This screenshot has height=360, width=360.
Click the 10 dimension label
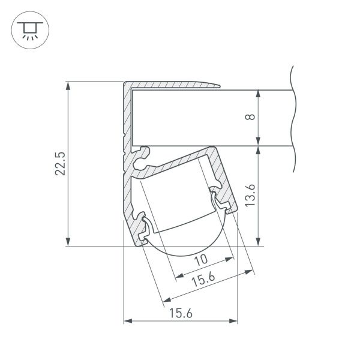[x=202, y=259]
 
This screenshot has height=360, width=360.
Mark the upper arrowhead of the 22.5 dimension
[x=71, y=85]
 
